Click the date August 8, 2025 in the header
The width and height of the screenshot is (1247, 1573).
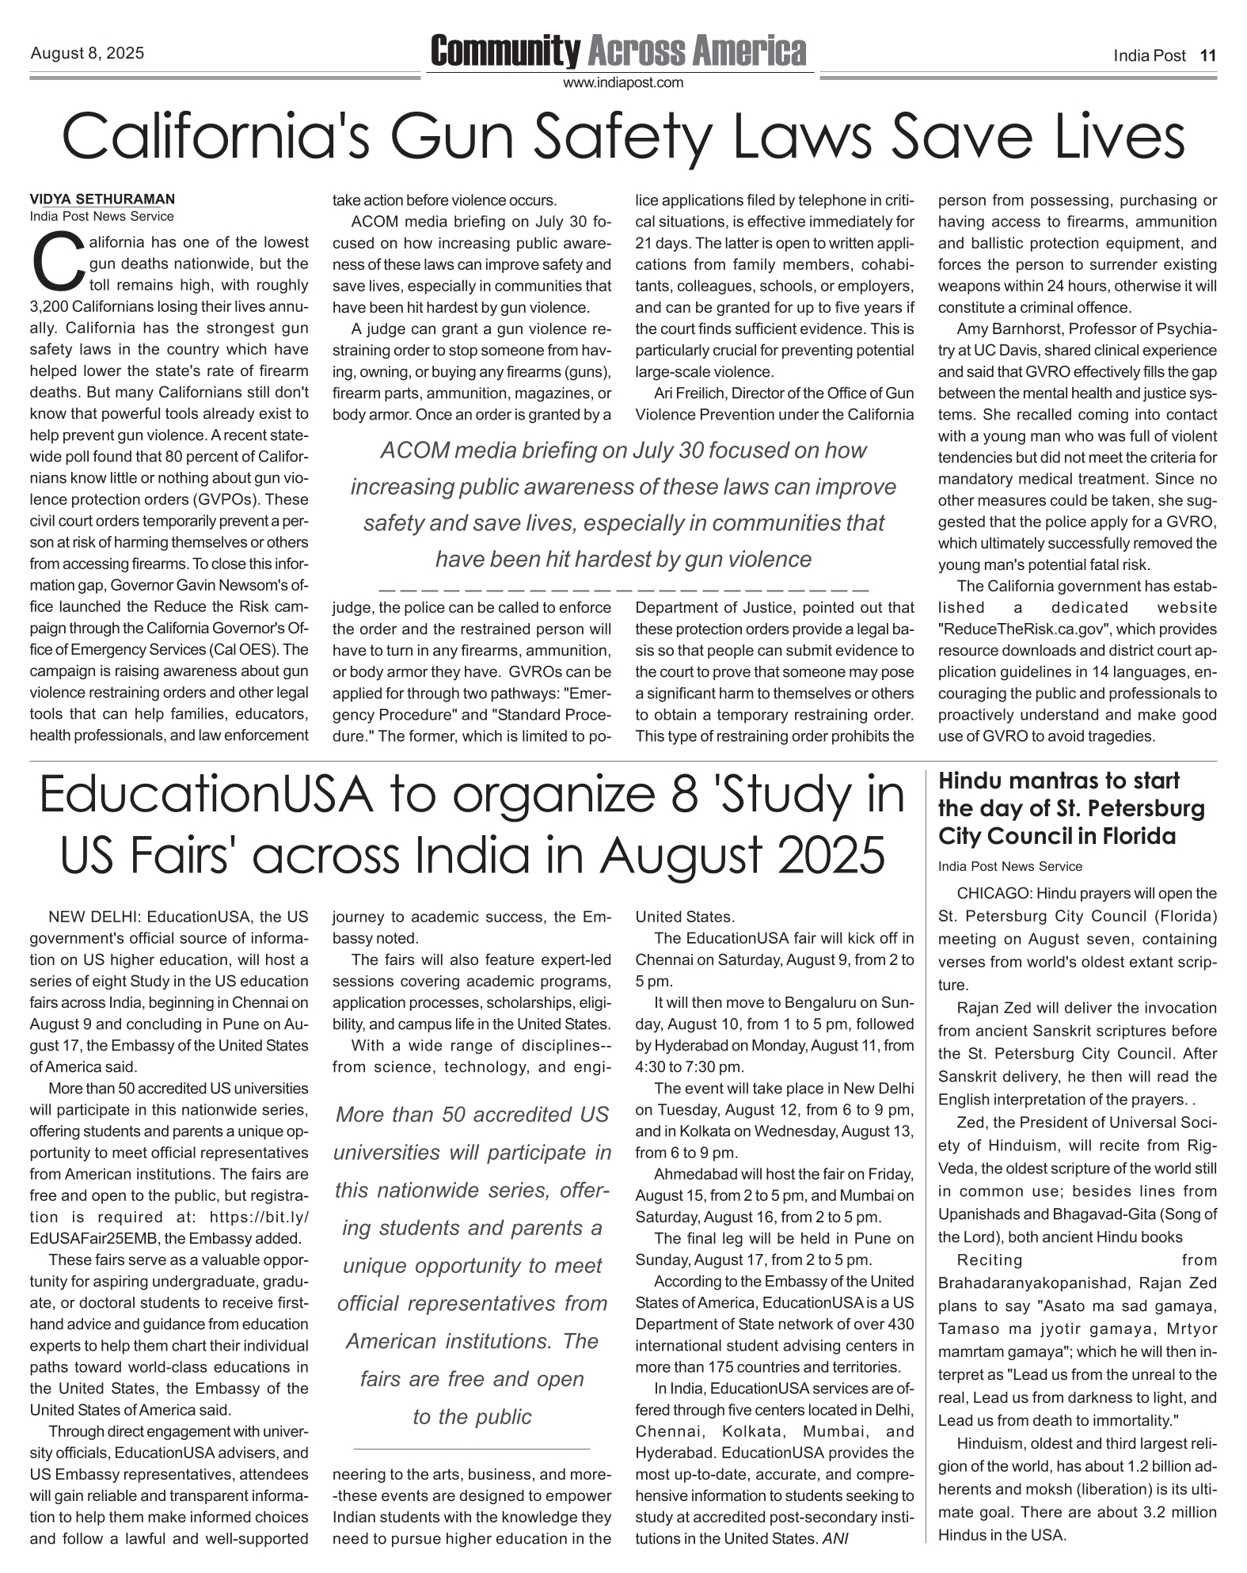[x=87, y=54]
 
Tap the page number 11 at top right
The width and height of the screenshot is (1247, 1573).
[x=1207, y=55]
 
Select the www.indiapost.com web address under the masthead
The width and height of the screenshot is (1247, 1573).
[x=622, y=82]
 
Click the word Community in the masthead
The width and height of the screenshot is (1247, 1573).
[x=505, y=51]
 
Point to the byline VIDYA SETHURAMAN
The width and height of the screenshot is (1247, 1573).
[x=102, y=199]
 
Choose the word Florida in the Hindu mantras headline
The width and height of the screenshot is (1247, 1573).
[x=1136, y=836]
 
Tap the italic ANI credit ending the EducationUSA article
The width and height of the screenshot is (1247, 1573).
[x=835, y=1539]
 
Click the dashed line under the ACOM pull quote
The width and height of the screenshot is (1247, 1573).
[x=624, y=591]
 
